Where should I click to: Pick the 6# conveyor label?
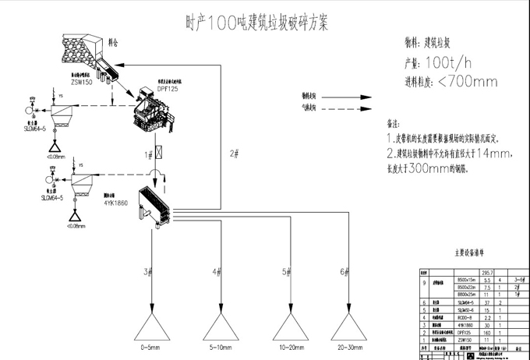pyautogui.click(x=344, y=271)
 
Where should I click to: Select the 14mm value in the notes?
pyautogui.click(x=493, y=153)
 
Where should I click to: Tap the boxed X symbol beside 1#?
pyautogui.click(x=159, y=154)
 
